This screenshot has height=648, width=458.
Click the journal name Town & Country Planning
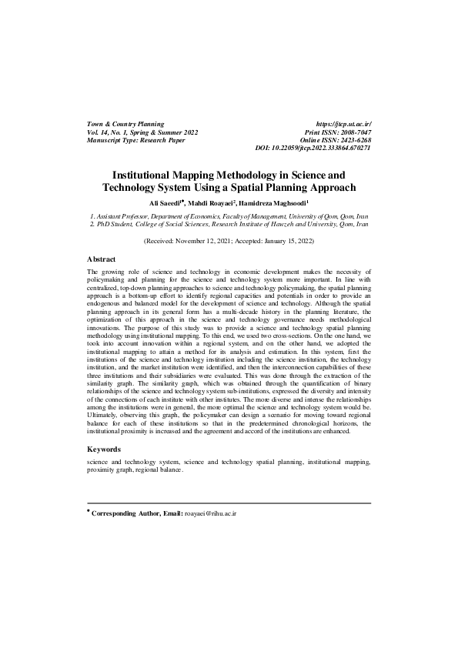pyautogui.click(x=125, y=124)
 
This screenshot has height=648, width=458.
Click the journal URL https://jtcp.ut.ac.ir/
pyautogui.click(x=343, y=124)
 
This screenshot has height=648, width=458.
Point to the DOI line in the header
pyautogui.click(x=313, y=147)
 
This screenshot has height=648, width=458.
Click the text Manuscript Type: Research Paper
pyautogui.click(x=137, y=139)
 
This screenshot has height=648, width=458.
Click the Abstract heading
pyautogui.click(x=102, y=259)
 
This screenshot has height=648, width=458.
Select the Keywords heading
pyautogui.click(x=104, y=448)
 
